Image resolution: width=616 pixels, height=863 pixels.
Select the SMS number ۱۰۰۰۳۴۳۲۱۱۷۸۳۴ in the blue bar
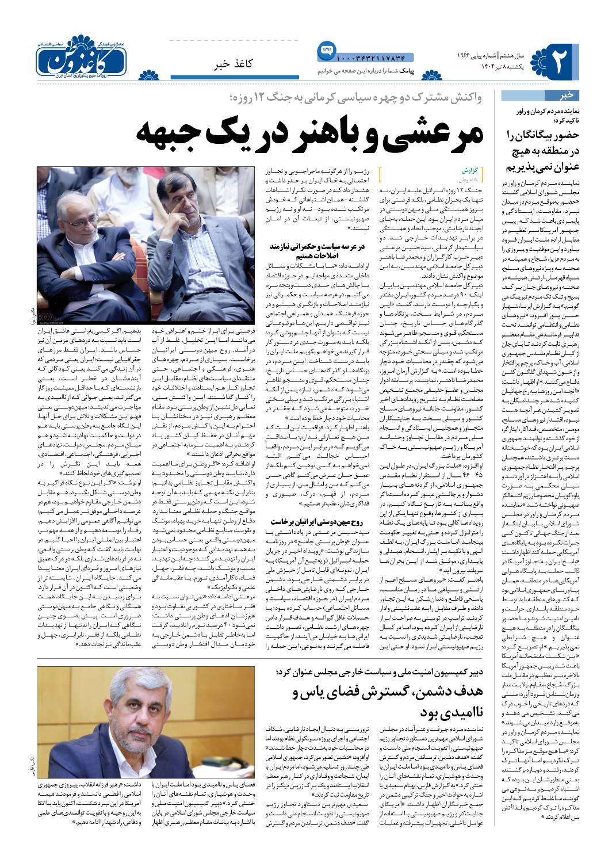[371, 58]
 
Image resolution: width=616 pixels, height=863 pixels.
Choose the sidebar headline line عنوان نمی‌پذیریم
[541, 167]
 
